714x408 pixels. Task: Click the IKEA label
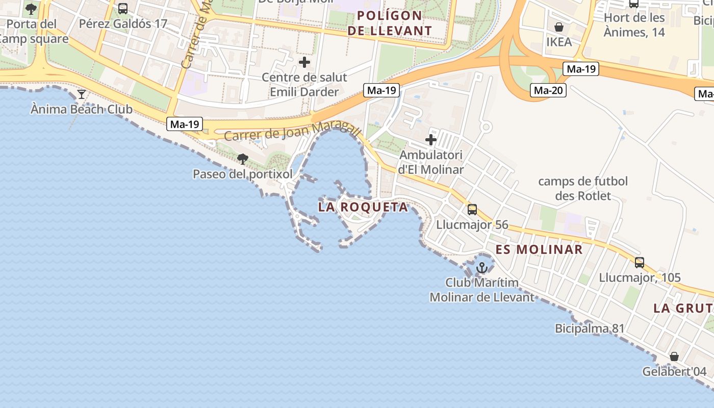pos(559,42)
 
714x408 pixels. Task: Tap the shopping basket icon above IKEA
pos(559,27)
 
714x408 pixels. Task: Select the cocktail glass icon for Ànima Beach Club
pos(81,94)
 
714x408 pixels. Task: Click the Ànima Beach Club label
pos(82,109)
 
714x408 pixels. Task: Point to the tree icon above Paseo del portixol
pos(243,159)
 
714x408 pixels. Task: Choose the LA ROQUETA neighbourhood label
pos(363,207)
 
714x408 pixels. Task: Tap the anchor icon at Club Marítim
pos(482,267)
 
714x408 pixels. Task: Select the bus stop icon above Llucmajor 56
pos(472,210)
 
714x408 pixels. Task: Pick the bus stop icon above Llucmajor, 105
pos(640,263)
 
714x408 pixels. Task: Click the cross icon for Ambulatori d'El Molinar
pos(431,140)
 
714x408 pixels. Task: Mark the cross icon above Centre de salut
pos(304,63)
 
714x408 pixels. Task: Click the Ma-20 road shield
pos(548,91)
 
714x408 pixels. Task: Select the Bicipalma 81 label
pos(590,328)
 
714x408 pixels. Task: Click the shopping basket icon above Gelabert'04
pos(674,356)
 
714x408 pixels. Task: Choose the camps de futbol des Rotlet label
pos(583,188)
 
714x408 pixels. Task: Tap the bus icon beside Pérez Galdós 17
pos(123,9)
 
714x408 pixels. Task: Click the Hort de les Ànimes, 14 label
pos(634,25)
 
